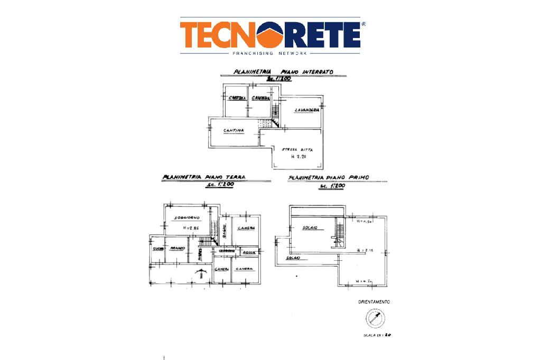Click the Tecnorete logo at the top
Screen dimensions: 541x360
pos(270,35)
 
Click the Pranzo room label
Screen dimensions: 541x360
pos(176,248)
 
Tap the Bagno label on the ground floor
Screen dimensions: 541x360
pos(224,231)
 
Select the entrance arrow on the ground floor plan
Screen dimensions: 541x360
pos(200,273)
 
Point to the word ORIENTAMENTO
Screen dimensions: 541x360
pos(374,302)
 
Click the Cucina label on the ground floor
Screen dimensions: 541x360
pos(158,249)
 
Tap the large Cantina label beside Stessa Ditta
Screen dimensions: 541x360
pos(233,130)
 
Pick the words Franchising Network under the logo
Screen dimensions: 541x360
pos(270,53)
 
